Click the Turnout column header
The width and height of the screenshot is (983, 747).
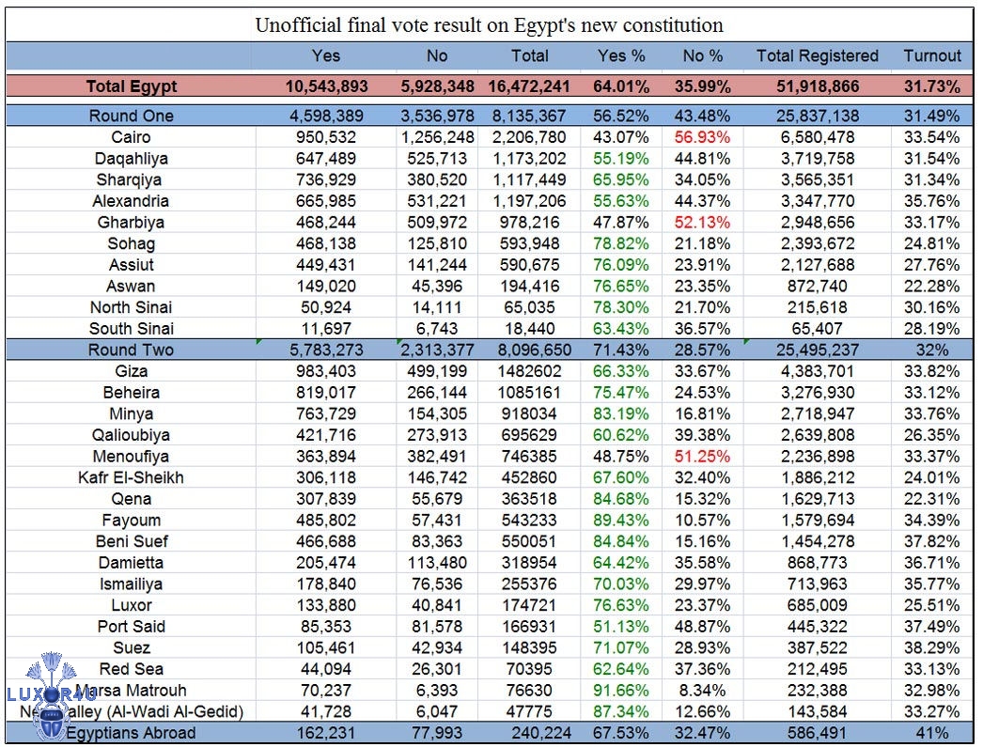pos(932,56)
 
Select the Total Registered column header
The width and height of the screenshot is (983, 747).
pos(817,56)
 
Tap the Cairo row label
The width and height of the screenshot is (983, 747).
pos(131,137)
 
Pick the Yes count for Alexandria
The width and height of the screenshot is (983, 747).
pos(326,201)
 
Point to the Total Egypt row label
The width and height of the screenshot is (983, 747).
pos(131,86)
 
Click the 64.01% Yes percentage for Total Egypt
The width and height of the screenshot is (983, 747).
pos(621,86)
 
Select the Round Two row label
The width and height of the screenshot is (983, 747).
pos(131,350)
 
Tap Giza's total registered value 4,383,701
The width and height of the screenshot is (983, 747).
pos(817,371)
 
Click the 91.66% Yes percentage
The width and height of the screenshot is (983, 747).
pos(621,691)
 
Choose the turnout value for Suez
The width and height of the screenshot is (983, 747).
pos(932,647)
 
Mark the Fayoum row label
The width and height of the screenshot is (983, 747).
pos(131,520)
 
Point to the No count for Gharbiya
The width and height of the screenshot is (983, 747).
pos(436,223)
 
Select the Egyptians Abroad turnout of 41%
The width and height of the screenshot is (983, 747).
pos(932,733)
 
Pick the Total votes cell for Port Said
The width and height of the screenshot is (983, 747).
pos(529,627)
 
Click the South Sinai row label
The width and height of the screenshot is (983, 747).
pos(131,329)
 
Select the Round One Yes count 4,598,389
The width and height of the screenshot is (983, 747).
pos(326,116)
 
